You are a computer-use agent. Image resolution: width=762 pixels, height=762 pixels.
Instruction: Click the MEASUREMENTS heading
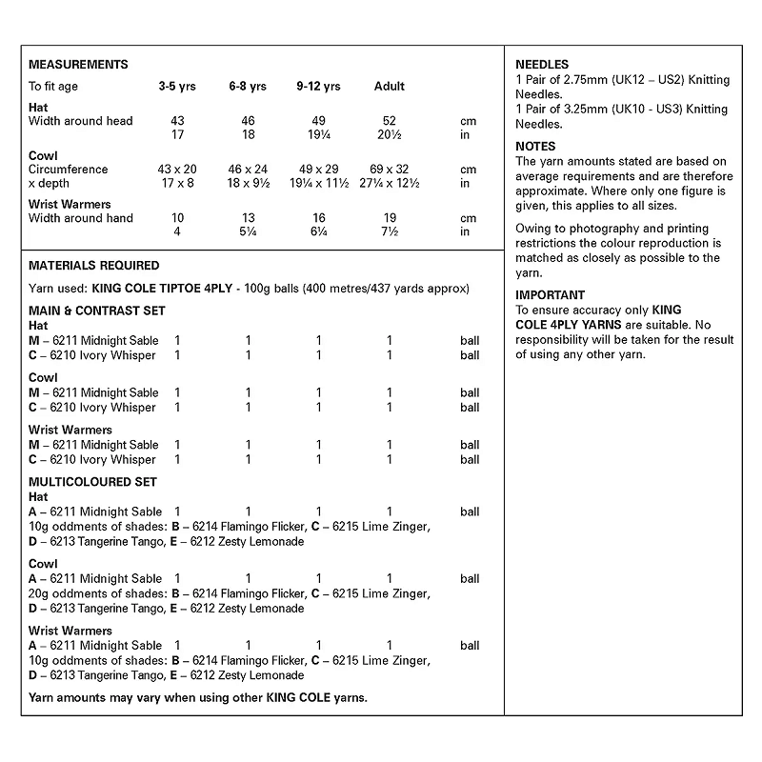coord(79,65)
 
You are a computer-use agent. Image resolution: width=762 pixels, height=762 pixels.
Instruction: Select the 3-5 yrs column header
coord(177,87)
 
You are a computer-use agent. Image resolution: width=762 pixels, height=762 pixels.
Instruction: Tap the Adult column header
coord(390,87)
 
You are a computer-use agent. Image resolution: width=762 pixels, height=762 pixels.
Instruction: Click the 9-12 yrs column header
coord(318,87)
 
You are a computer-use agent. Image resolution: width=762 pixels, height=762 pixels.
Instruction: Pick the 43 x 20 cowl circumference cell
coord(177,170)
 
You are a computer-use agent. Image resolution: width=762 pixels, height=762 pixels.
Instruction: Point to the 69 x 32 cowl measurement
coord(390,170)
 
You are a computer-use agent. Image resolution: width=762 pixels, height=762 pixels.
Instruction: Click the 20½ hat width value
coord(390,135)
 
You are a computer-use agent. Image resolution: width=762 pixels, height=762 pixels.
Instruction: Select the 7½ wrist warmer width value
coord(390,232)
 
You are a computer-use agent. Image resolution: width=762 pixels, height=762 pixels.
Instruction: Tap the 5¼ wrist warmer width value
coord(247,232)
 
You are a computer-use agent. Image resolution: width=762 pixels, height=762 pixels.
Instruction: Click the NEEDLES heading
coord(541,65)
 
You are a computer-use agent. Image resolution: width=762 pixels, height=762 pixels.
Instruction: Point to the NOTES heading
coord(535,147)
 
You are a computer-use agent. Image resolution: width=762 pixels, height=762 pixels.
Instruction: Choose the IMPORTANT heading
coord(551,295)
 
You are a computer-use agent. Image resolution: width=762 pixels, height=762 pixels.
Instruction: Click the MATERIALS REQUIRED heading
coord(94,266)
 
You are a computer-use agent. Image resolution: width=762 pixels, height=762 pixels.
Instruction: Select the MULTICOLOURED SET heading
coord(93,482)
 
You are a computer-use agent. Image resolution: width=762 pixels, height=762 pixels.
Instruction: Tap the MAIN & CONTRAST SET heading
coord(97,311)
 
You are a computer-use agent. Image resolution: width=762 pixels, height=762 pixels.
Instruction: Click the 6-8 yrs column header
coord(247,87)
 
